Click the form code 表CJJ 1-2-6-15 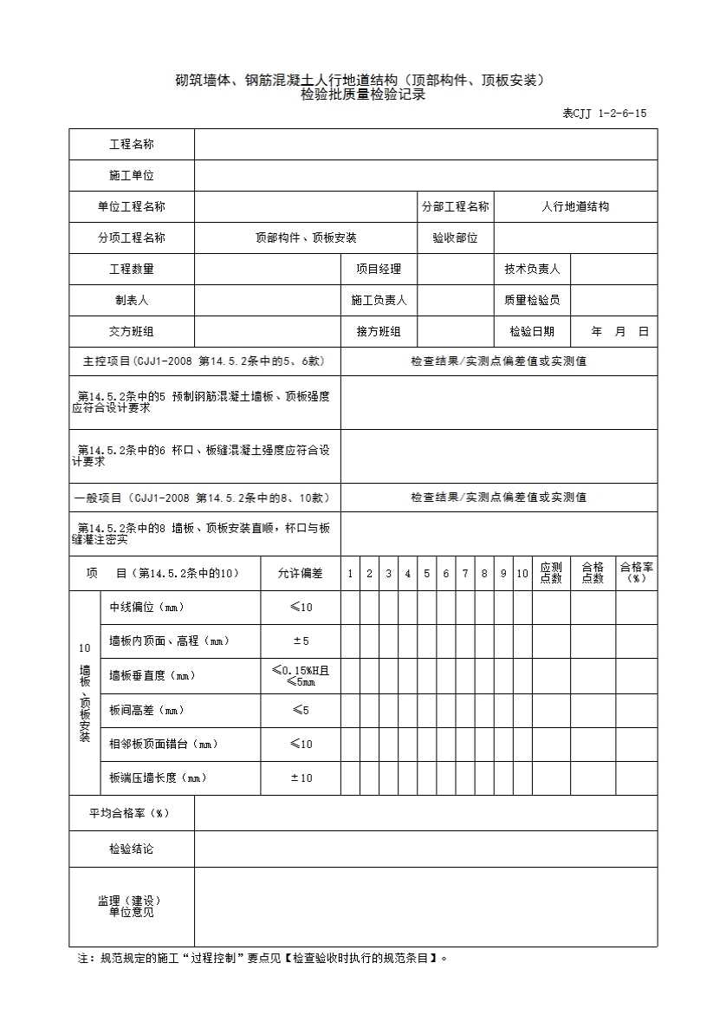click(604, 114)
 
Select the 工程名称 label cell click(132, 145)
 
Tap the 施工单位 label click(132, 176)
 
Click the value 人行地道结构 click(575, 207)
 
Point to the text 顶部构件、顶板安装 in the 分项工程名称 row click(306, 238)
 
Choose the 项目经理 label click(379, 270)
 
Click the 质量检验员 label click(532, 301)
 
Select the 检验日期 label click(532, 332)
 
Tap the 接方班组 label click(379, 332)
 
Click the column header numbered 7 click(465, 574)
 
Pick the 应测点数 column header click(551, 573)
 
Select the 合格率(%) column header click(636, 573)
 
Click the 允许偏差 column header click(300, 574)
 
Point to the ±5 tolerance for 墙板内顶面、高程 click(300, 641)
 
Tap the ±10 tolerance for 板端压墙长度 click(300, 778)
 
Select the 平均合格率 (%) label click(132, 814)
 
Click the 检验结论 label click(132, 849)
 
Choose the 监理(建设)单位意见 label click(132, 907)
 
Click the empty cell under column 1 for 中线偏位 click(350, 608)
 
